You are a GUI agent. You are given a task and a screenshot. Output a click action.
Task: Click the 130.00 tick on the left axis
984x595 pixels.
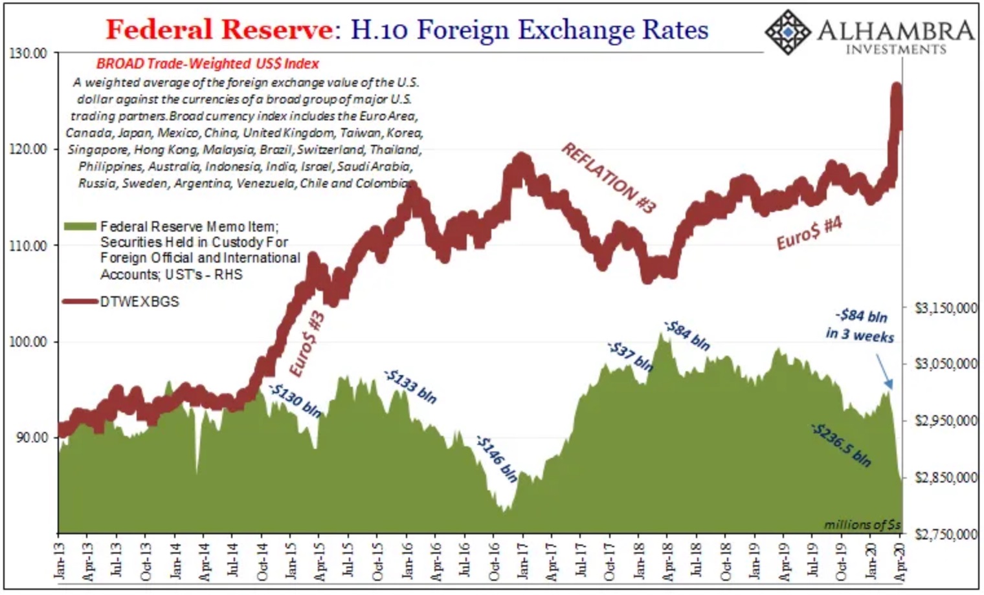coord(29,53)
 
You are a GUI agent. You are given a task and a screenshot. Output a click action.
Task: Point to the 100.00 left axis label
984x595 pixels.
coord(29,341)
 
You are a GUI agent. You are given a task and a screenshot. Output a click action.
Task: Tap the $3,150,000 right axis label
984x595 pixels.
coord(945,308)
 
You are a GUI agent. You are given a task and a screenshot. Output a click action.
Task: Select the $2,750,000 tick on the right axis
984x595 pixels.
coord(945,534)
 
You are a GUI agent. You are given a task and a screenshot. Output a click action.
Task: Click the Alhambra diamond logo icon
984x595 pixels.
coord(788,32)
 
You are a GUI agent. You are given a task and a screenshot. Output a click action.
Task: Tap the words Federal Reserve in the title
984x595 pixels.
coord(219,29)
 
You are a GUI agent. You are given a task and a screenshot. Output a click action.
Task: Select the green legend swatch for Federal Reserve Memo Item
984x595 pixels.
coord(80,226)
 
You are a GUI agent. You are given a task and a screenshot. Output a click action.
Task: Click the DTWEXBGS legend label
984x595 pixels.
coord(139,301)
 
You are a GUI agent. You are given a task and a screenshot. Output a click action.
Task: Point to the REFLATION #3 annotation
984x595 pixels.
coord(608,178)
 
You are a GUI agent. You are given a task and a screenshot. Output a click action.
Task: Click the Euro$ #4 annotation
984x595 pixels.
coord(809,233)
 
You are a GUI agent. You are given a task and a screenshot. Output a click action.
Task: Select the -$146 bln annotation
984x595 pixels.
coord(497,459)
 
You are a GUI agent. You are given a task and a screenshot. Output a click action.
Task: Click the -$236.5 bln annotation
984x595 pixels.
coord(841,445)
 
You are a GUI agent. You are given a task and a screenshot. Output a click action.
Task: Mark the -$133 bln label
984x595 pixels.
coord(410,386)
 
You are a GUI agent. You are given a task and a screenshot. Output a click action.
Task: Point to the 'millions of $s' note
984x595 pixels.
coord(862,525)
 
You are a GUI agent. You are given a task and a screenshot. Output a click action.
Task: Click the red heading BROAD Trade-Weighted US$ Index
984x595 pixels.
coord(208,63)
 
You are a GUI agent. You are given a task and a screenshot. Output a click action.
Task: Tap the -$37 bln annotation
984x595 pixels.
coord(630,356)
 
